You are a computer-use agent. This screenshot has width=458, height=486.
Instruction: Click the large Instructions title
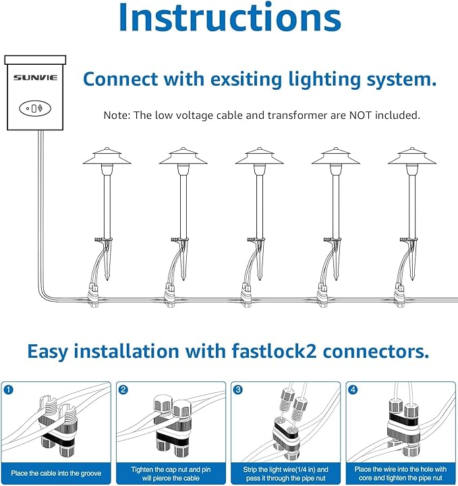coord(229,19)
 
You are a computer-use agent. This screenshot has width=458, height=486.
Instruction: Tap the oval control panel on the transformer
coord(34,107)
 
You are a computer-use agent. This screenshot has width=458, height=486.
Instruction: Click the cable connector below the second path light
coord(170,295)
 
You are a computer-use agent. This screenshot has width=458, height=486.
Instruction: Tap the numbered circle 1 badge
coord(8,390)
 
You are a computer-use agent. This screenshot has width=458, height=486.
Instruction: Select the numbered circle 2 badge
coord(123,390)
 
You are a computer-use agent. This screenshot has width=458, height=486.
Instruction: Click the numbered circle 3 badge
coord(238,390)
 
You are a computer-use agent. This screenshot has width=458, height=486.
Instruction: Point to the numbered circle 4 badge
coord(353,390)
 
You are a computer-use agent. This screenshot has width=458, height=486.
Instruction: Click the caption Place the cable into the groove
coord(57,473)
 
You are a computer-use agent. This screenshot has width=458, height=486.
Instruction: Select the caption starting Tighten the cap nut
coord(171,473)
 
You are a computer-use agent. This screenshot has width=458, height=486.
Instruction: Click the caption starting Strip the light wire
coord(286,473)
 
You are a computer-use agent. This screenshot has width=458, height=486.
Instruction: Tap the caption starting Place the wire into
coord(401,473)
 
